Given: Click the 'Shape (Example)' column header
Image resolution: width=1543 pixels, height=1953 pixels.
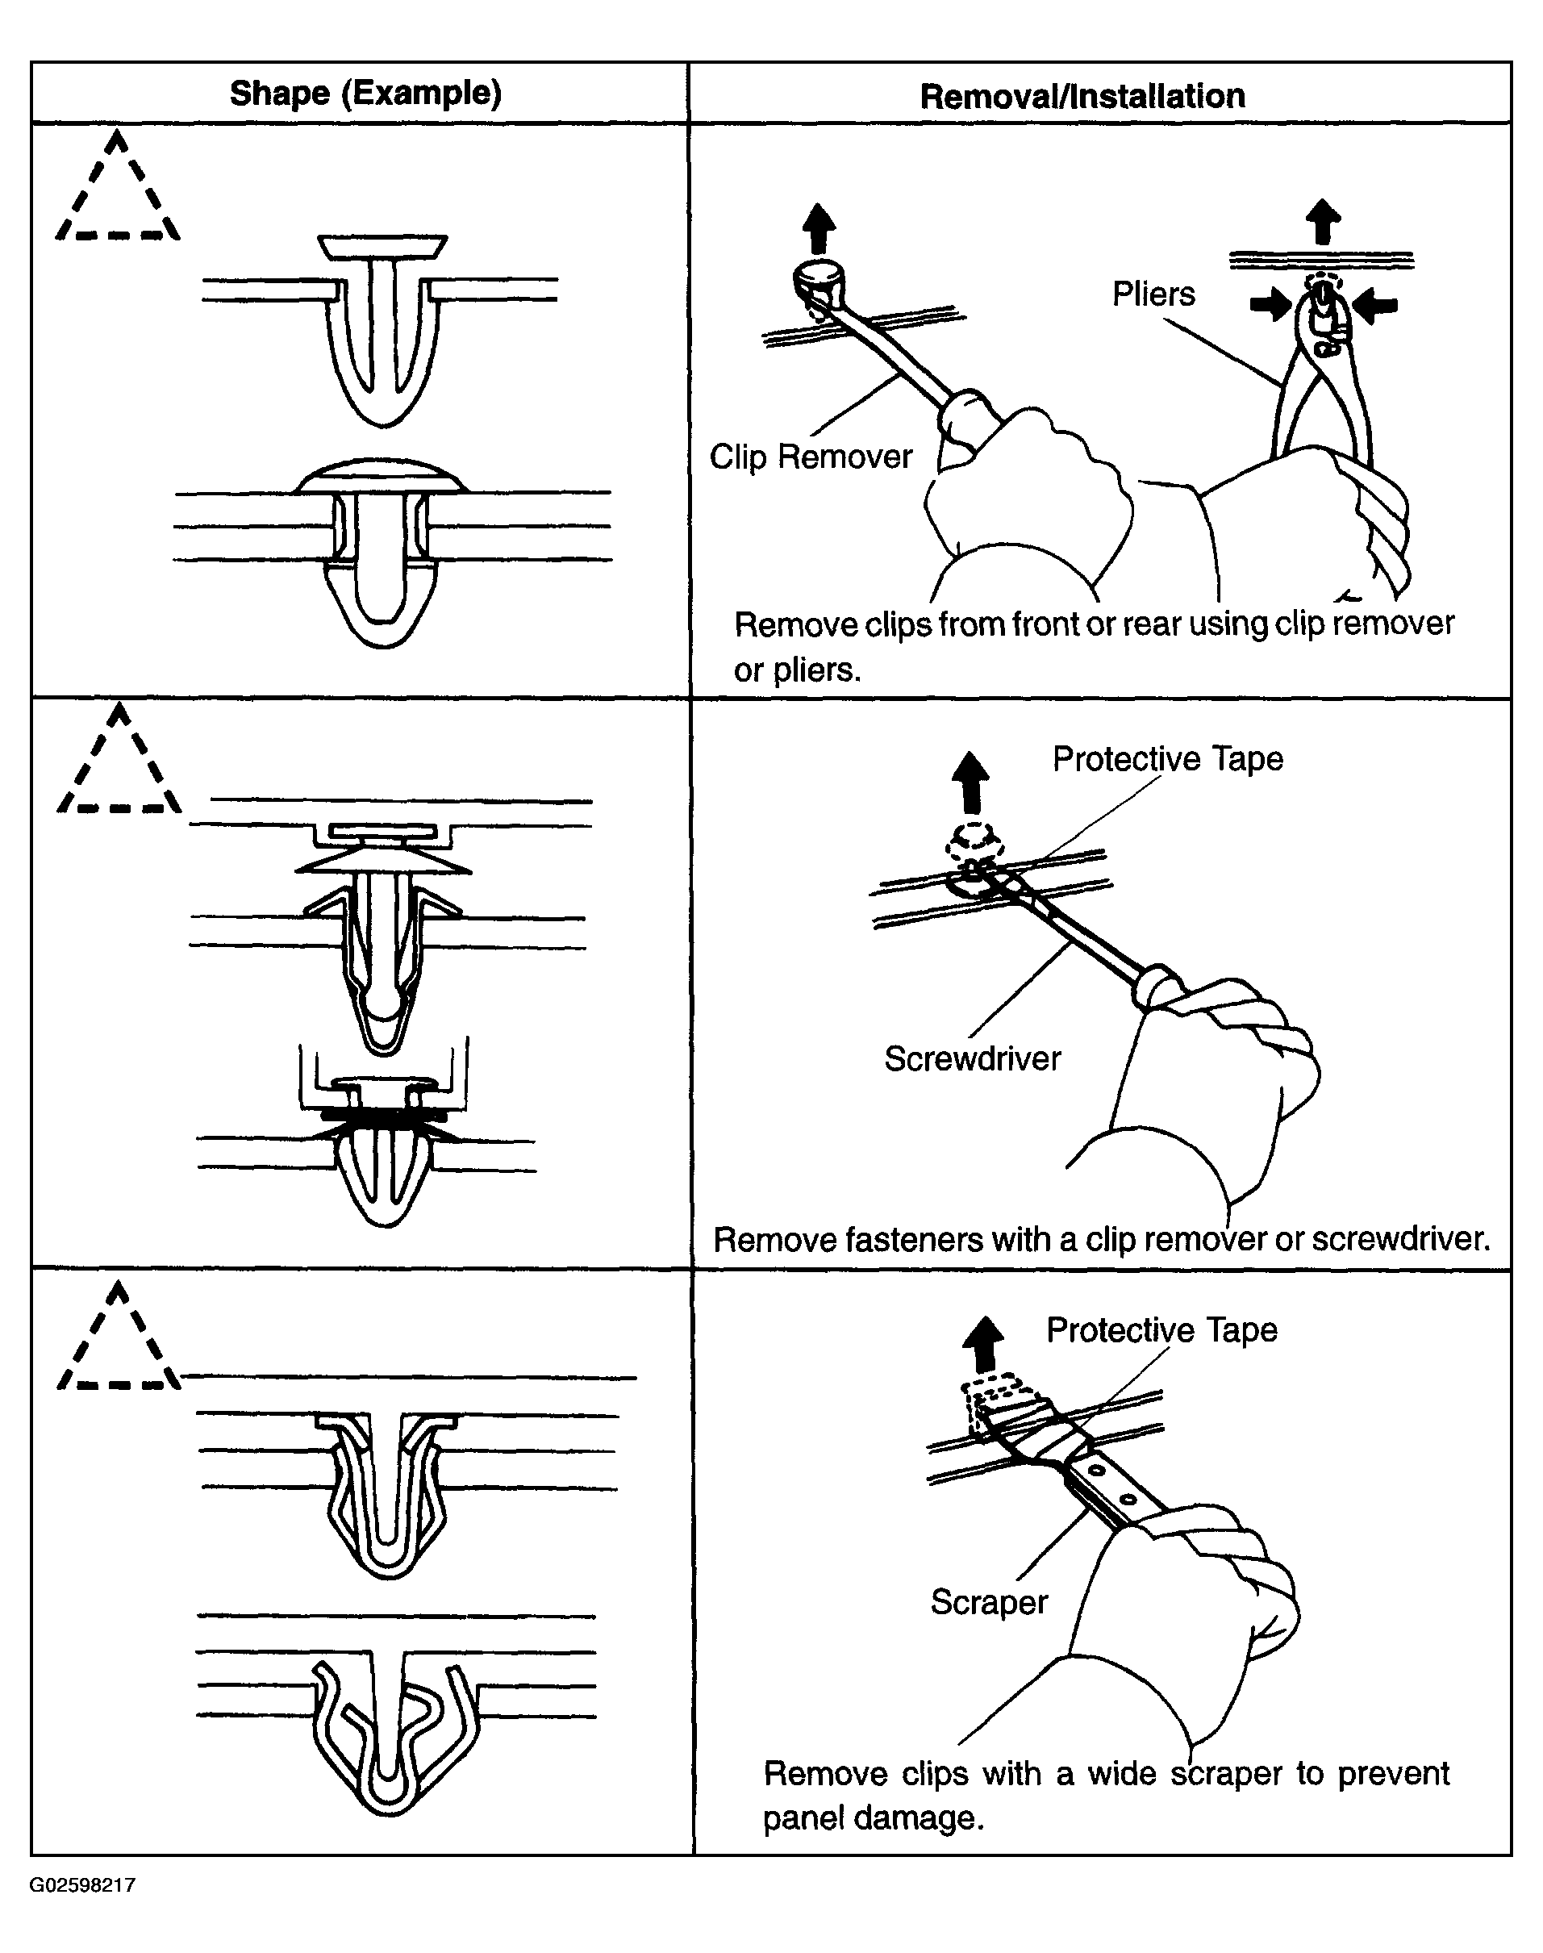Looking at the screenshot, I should [365, 93].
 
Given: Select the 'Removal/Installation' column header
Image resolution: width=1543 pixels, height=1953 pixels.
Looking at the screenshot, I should [1082, 97].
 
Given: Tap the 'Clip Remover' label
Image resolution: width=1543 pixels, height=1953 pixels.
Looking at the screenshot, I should [811, 457].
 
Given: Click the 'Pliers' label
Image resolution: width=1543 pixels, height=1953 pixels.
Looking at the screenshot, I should [1153, 294].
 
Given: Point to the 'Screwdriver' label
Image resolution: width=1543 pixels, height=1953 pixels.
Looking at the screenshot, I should [972, 1058].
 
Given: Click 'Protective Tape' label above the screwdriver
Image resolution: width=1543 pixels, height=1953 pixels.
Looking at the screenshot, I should [1167, 759].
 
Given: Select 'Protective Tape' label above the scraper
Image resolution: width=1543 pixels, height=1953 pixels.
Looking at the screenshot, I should [1161, 1330].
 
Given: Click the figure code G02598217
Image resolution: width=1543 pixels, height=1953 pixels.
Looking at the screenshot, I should [82, 1885].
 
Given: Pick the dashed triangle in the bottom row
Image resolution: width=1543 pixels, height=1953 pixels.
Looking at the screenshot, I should [119, 1342].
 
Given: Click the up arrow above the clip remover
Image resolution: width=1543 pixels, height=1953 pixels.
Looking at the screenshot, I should [819, 227].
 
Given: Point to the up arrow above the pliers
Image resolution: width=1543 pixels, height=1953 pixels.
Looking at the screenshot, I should [1324, 221].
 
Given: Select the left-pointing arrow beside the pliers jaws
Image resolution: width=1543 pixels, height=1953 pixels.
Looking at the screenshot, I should [1377, 305].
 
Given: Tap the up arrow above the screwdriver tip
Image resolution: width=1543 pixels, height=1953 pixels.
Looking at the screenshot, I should [972, 782].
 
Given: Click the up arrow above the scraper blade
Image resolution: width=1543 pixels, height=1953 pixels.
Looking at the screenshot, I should [985, 1344].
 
